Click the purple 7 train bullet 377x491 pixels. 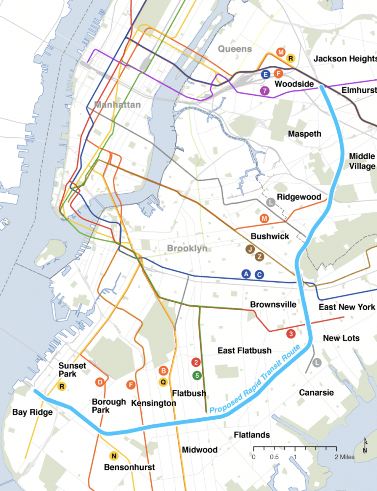(265, 90)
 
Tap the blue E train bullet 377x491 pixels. (266, 74)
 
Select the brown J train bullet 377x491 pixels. (250, 249)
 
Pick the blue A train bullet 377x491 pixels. (246, 274)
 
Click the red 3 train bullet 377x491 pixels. (291, 334)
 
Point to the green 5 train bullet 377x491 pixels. (197, 375)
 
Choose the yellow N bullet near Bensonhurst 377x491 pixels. (113, 456)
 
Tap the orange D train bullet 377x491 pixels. (100, 382)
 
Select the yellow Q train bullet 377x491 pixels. (163, 381)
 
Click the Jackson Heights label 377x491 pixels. (345, 59)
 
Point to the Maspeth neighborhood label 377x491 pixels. (304, 134)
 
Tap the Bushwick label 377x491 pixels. (269, 236)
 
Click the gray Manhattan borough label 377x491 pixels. (117, 105)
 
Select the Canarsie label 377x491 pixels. (316, 392)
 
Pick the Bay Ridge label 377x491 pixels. (32, 412)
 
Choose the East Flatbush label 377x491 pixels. (244, 350)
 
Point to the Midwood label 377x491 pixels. (199, 450)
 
